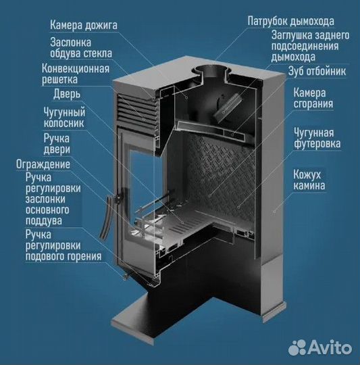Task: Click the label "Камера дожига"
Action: (84, 26)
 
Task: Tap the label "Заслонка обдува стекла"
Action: (80, 47)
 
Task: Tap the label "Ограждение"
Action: (43, 164)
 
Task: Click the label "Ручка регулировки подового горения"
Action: (63, 245)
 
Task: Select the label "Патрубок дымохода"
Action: (290, 21)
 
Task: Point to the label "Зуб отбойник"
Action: (317, 70)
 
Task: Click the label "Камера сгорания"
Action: (313, 97)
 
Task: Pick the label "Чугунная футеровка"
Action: (317, 137)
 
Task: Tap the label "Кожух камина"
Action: (309, 179)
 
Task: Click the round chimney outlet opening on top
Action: (213, 71)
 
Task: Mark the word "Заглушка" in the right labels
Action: (292, 34)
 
